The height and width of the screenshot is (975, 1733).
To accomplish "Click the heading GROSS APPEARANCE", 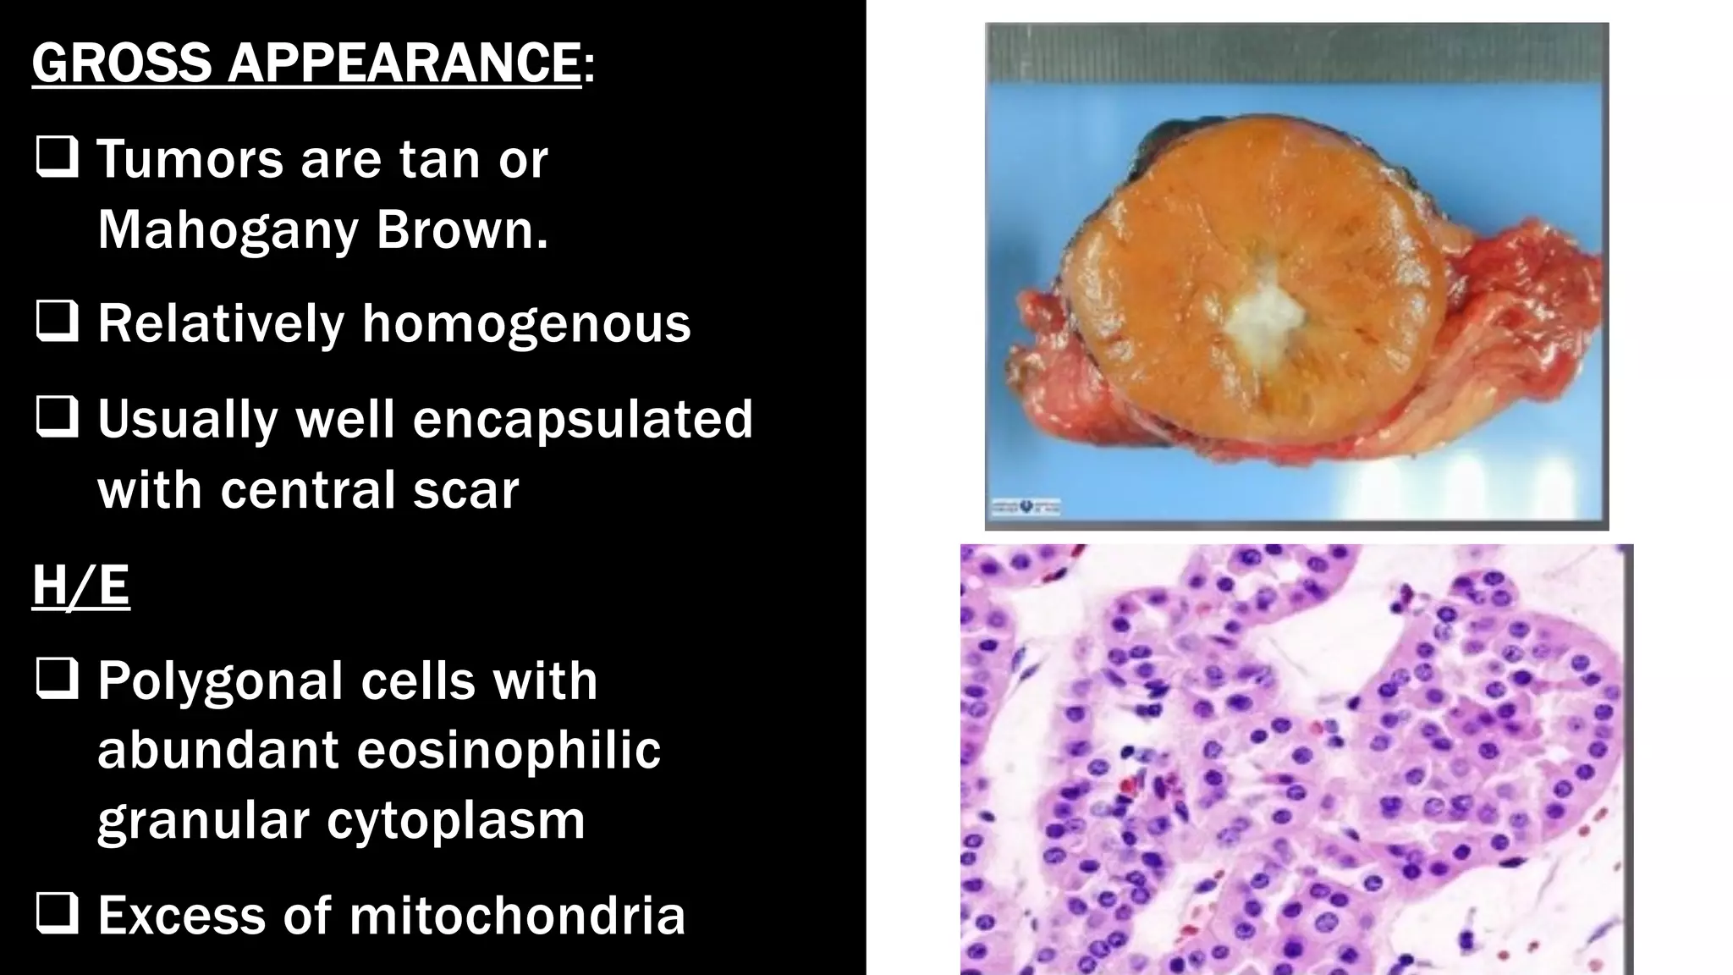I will coord(306,63).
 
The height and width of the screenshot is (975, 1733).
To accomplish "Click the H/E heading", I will coord(81,585).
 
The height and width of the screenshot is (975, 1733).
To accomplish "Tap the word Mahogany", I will coord(228,229).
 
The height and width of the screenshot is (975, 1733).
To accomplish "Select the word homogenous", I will coord(526,323).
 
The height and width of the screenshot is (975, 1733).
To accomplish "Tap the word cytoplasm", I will coord(456,820).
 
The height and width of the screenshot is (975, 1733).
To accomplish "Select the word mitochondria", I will coord(517,915).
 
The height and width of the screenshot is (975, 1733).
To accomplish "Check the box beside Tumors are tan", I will coord(57,158).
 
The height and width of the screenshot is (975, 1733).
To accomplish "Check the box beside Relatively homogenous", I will coord(57,322).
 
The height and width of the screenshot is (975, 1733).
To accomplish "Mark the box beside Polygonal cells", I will coord(57,680).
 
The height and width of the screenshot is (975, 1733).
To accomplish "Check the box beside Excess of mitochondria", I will coord(57,914).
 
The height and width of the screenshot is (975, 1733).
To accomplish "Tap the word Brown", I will coord(462,229).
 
